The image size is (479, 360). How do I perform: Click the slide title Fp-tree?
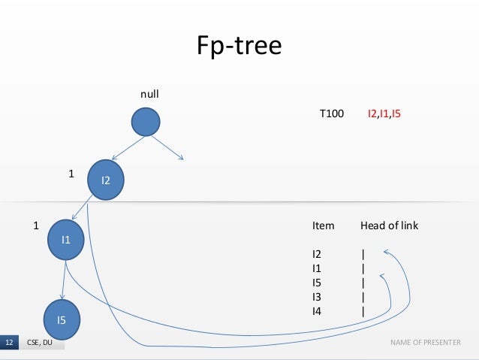click(x=239, y=47)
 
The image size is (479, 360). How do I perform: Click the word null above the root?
click(x=150, y=95)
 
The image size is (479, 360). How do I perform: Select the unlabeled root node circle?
click(x=146, y=123)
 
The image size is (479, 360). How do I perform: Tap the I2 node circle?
click(x=106, y=178)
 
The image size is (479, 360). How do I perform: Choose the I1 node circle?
click(x=65, y=240)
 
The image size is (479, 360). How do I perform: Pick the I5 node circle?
click(x=62, y=319)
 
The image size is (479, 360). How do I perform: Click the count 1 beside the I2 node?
click(x=71, y=173)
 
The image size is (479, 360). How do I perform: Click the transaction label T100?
click(x=332, y=114)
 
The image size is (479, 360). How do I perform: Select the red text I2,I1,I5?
click(x=384, y=114)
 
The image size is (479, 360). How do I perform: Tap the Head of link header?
click(x=389, y=225)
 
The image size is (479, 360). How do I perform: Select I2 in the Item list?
click(x=317, y=255)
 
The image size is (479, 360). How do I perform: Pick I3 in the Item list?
click(x=317, y=296)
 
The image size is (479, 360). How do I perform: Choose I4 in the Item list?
click(x=317, y=310)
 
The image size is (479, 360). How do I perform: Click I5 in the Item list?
click(x=317, y=283)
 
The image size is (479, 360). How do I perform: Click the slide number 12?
click(x=9, y=343)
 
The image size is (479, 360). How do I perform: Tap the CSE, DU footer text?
click(x=39, y=343)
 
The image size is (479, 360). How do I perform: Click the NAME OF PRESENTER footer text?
click(x=425, y=343)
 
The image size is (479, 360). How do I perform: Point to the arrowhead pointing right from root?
click(x=182, y=157)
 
